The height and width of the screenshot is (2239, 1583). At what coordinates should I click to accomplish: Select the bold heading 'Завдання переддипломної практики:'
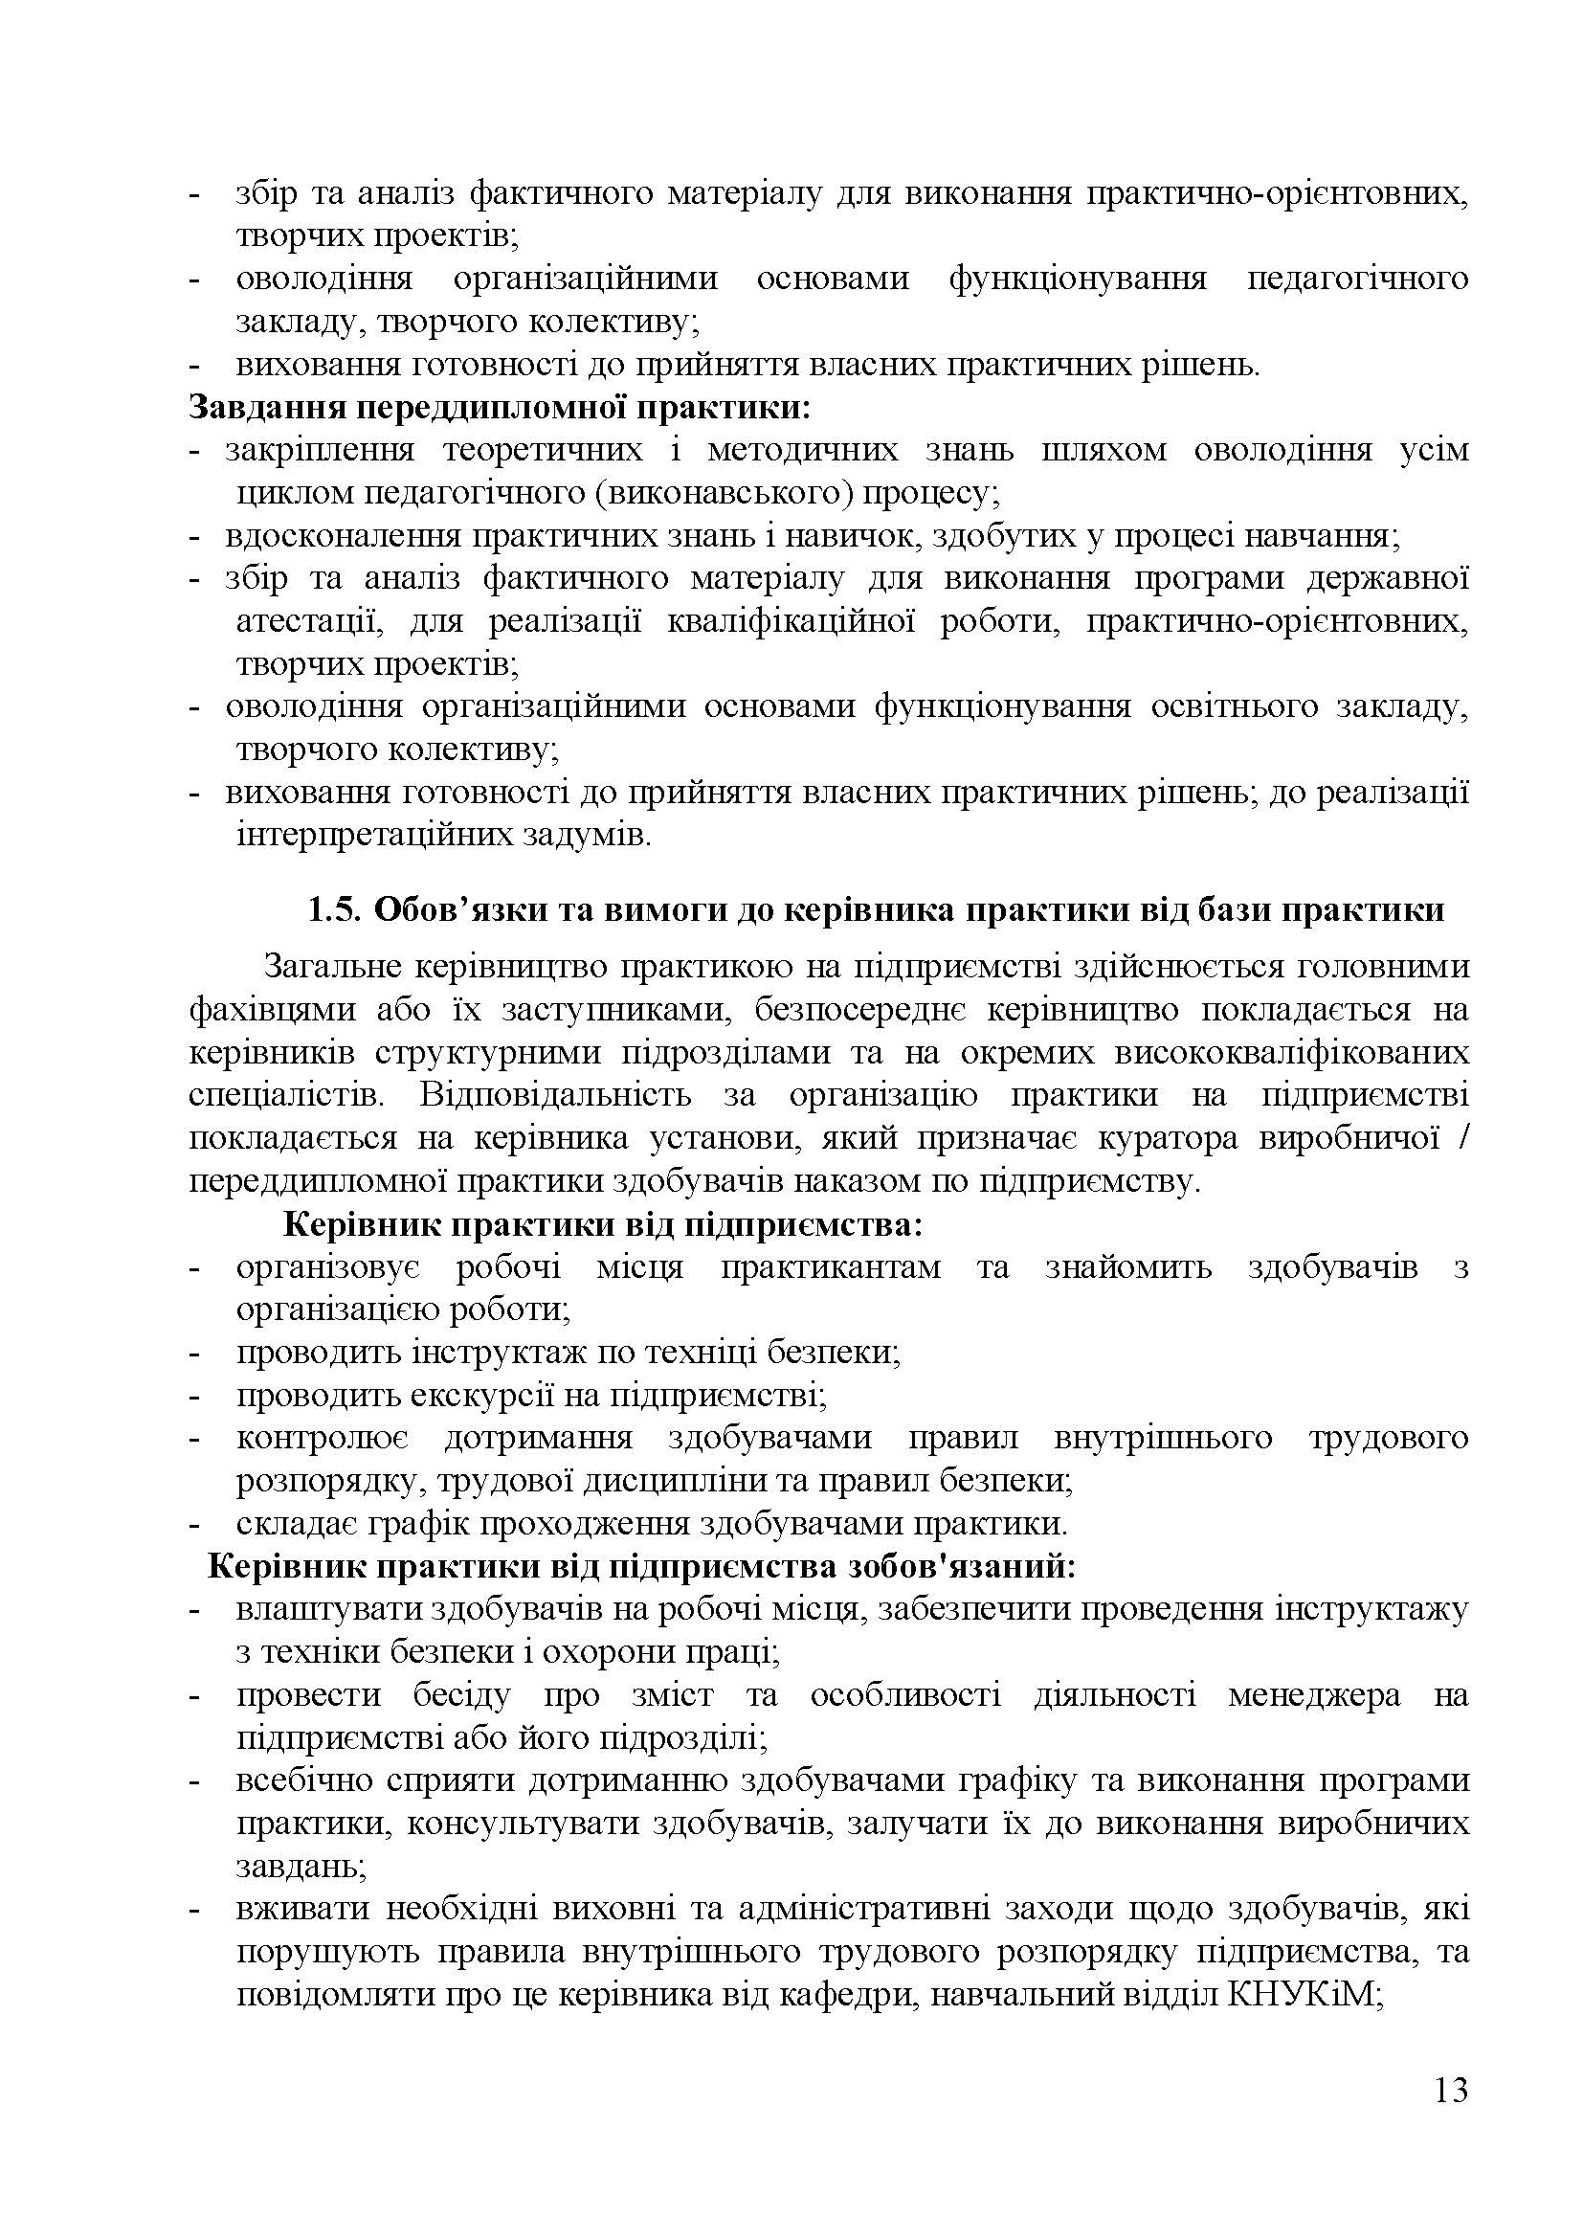(x=499, y=407)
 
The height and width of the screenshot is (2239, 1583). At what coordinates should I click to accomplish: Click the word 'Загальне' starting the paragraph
(x=331, y=968)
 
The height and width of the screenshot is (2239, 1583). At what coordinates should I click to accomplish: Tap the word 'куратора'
(x=1168, y=1138)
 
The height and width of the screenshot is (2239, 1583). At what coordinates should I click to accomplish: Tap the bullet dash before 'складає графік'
(x=194, y=1524)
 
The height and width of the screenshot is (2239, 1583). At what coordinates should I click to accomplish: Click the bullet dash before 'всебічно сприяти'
(x=194, y=1780)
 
